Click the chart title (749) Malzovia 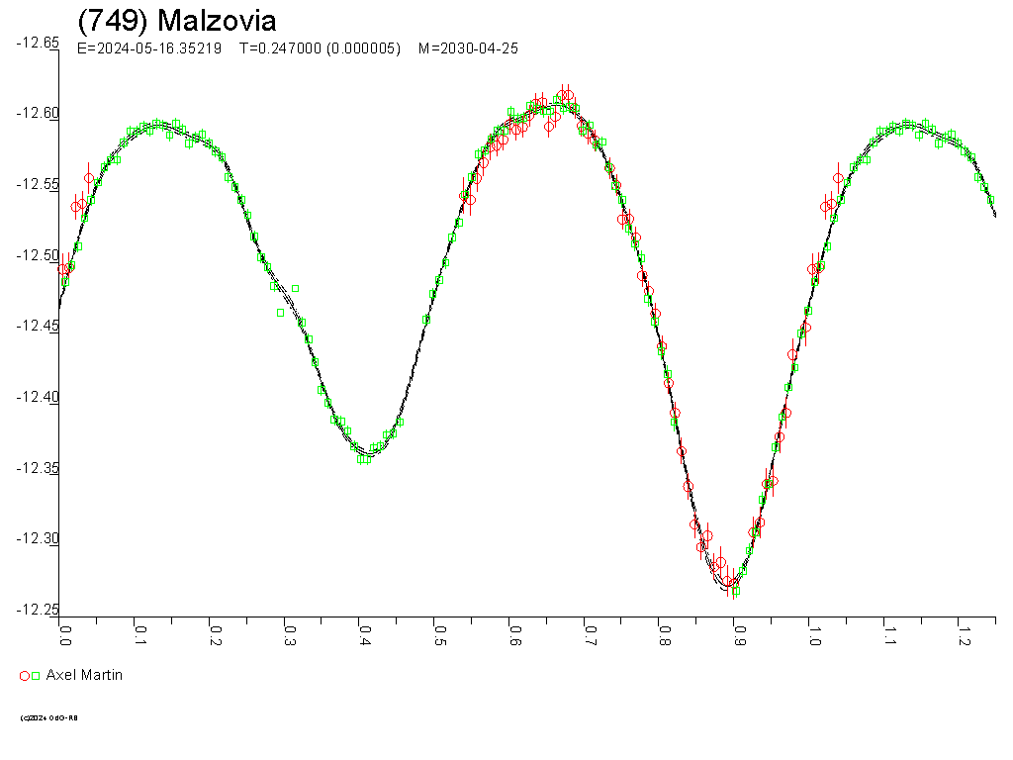click(177, 21)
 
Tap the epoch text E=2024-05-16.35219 click(148, 48)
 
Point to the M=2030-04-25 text click(468, 48)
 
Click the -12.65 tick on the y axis click(38, 43)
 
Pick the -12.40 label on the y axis click(38, 397)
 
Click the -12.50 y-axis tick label click(38, 255)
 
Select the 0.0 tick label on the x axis click(65, 633)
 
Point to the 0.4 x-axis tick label click(364, 633)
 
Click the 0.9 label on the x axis click(738, 633)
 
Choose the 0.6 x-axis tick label click(513, 633)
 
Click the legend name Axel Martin click(84, 675)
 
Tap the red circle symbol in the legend click(25, 676)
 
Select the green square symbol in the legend click(36, 676)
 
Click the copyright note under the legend click(48, 717)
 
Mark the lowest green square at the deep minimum click(735, 592)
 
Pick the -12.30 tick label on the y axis click(38, 538)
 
